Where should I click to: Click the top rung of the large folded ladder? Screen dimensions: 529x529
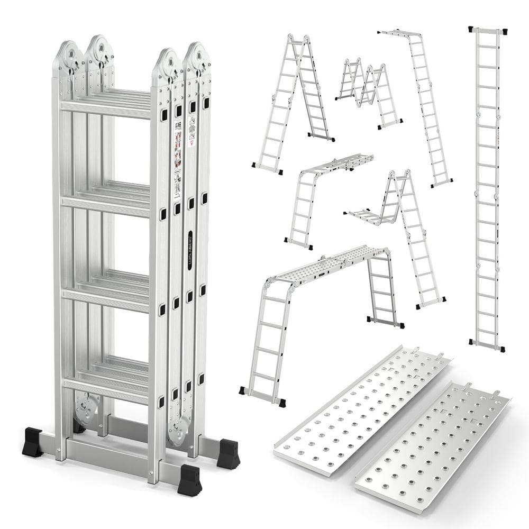(x=106, y=107)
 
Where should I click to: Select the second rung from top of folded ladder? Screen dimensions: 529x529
(x=106, y=201)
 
